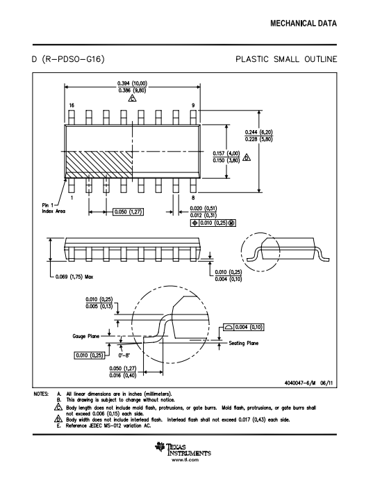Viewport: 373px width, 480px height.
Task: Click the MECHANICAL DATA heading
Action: click(304, 23)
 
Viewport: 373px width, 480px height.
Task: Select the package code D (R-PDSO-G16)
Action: click(69, 58)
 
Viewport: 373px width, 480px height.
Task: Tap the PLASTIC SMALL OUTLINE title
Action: click(286, 59)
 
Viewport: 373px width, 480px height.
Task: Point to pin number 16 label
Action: click(72, 105)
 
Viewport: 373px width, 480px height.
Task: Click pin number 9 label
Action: click(193, 105)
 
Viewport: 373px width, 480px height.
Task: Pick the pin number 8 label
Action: click(193, 198)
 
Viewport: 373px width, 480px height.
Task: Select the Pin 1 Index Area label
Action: click(53, 208)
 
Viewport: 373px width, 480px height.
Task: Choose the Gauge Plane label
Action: click(86, 336)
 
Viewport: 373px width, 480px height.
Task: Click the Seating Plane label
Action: click(244, 343)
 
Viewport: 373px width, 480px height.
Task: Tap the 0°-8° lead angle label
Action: click(124, 355)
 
